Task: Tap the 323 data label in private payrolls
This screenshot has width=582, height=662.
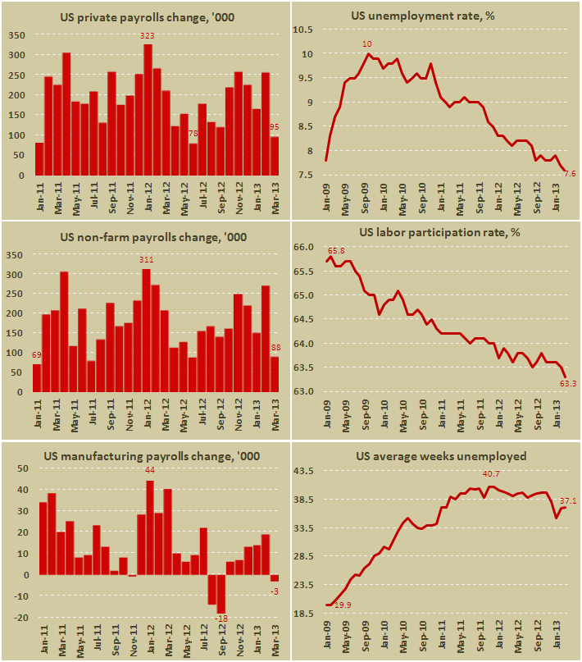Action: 148,36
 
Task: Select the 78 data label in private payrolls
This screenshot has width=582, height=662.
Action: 193,134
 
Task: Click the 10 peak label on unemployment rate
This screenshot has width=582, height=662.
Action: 368,44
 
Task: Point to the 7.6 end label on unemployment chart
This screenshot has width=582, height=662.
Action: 570,172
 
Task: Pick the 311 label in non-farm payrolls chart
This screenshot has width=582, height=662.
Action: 147,260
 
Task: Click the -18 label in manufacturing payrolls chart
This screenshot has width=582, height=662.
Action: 221,618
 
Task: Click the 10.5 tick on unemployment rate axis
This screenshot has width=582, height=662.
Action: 303,30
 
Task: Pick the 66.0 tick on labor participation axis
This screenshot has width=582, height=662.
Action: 304,247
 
